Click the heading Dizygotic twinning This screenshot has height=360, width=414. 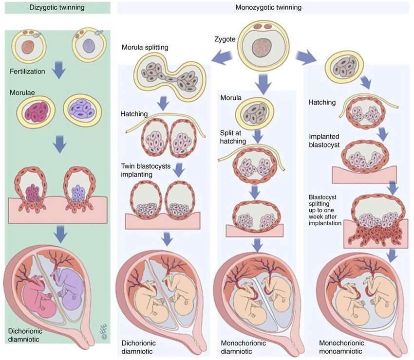[57, 7]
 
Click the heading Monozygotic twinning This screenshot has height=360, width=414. [268, 7]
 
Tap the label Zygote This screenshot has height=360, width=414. [225, 39]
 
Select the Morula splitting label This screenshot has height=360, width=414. [145, 48]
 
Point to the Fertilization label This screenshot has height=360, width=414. [27, 72]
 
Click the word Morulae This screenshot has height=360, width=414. [22, 92]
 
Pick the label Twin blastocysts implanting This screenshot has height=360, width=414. [146, 170]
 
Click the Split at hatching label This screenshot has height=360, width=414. [233, 137]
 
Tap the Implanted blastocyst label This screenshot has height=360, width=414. [324, 141]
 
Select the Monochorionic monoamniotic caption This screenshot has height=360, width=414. [341, 347]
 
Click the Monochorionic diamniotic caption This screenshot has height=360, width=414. [243, 347]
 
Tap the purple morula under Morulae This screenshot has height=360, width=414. [82, 110]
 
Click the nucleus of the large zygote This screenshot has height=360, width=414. [262, 48]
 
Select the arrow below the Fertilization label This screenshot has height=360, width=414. [59, 70]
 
